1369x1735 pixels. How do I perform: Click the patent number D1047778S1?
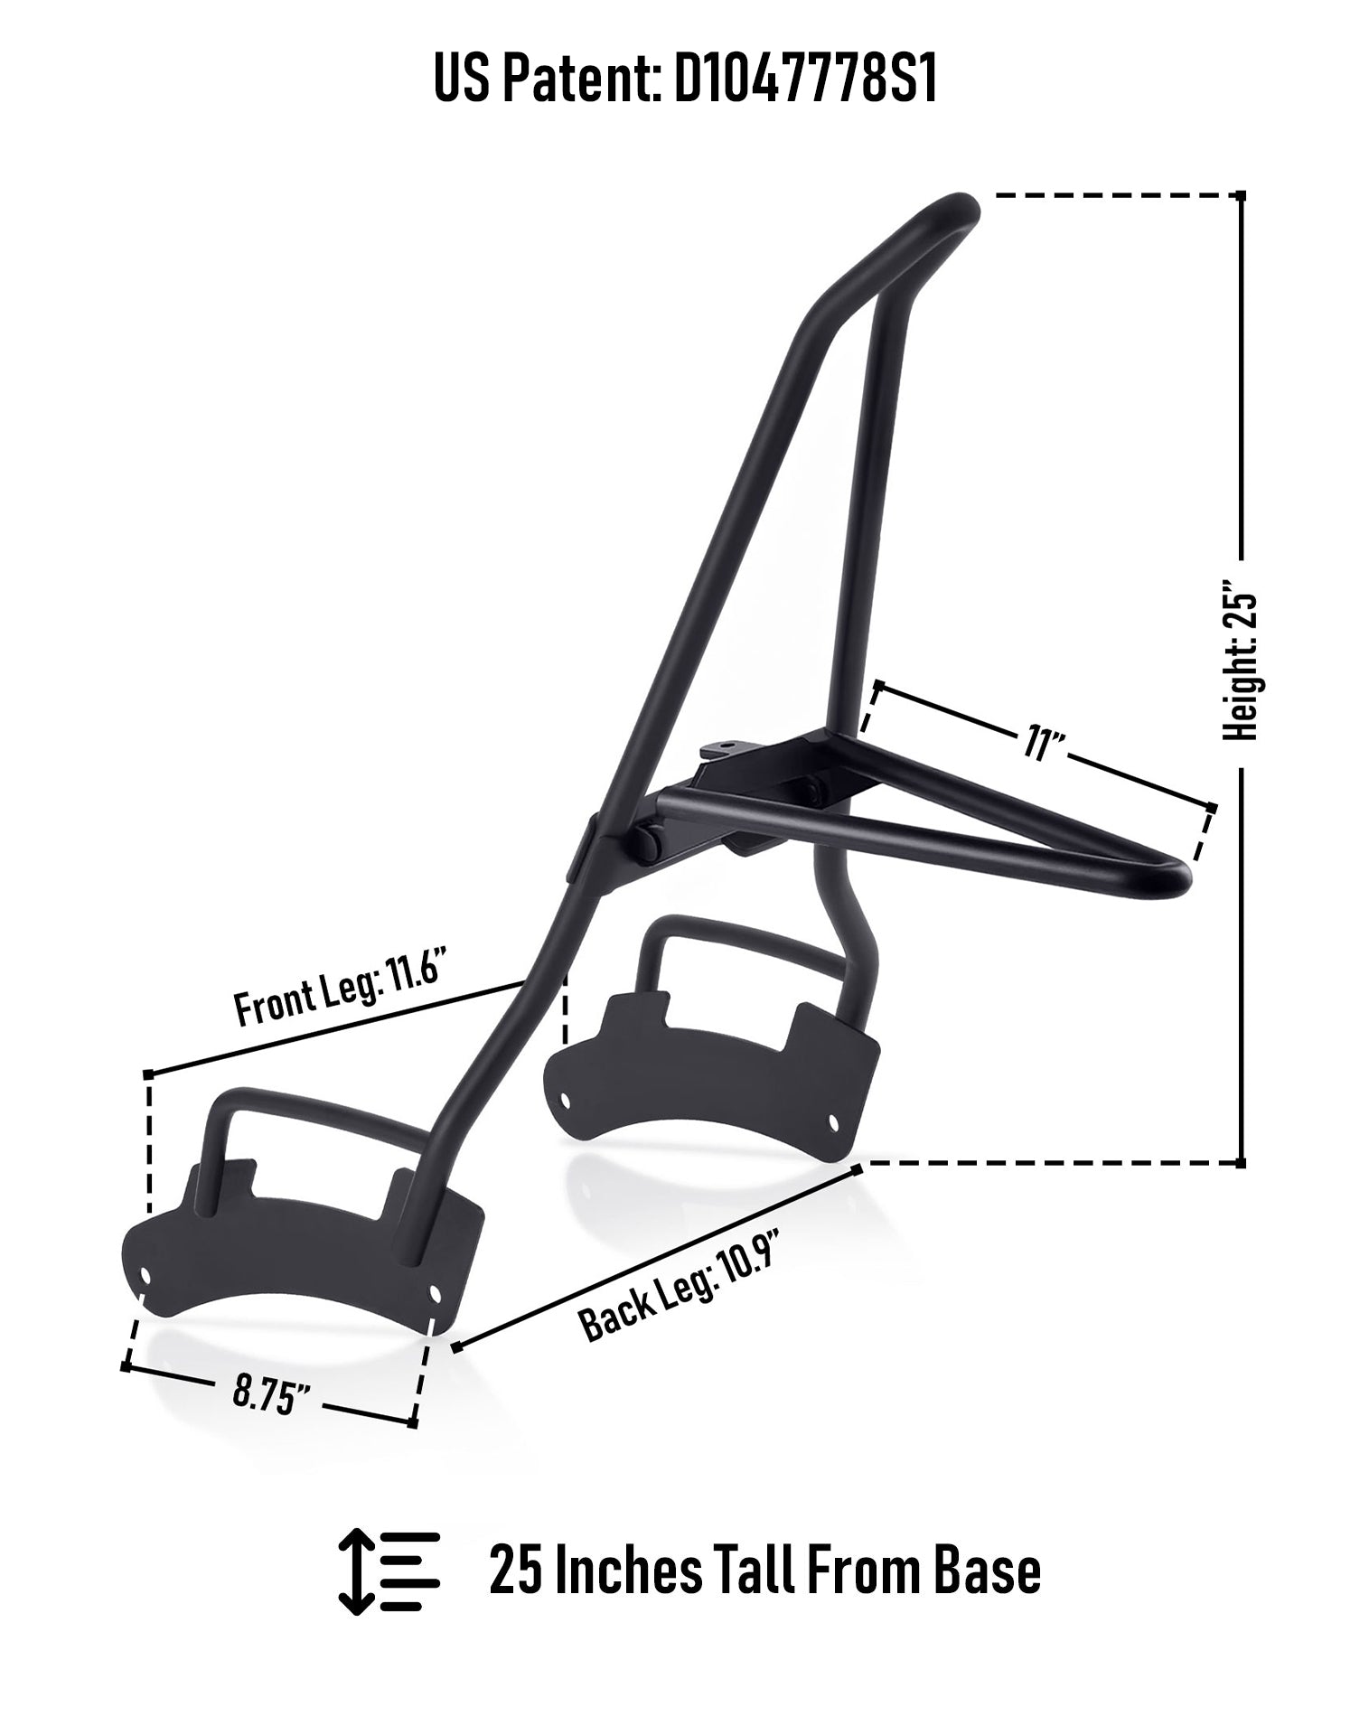coord(806,80)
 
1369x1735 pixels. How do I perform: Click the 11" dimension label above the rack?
coord(1041,744)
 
